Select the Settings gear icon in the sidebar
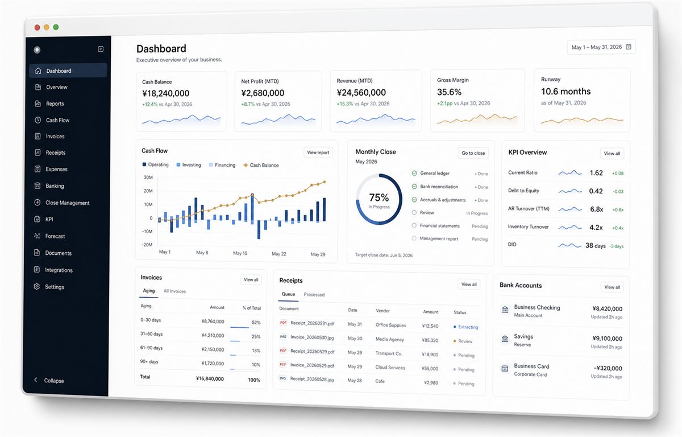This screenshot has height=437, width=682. point(37,286)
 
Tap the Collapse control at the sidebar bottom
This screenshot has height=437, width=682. point(49,380)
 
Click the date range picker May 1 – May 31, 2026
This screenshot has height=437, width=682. point(601,47)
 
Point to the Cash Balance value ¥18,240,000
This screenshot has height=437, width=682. point(165,93)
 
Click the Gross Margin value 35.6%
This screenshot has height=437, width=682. point(449,92)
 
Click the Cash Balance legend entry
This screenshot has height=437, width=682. point(261,165)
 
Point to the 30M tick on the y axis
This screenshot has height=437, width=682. point(148,178)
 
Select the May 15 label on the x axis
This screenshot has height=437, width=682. point(240,253)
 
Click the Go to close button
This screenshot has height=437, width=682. point(473,153)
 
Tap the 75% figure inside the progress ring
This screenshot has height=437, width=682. point(379,197)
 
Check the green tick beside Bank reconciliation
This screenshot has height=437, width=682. point(414,186)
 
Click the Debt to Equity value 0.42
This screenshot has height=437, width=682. point(596,191)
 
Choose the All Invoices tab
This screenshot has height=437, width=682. point(175,291)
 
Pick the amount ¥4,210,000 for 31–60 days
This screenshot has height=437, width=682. point(213,335)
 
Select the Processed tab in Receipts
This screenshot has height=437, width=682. point(314,294)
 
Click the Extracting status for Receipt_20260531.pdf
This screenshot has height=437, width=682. point(466,327)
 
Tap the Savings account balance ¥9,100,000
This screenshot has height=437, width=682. point(608,338)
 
